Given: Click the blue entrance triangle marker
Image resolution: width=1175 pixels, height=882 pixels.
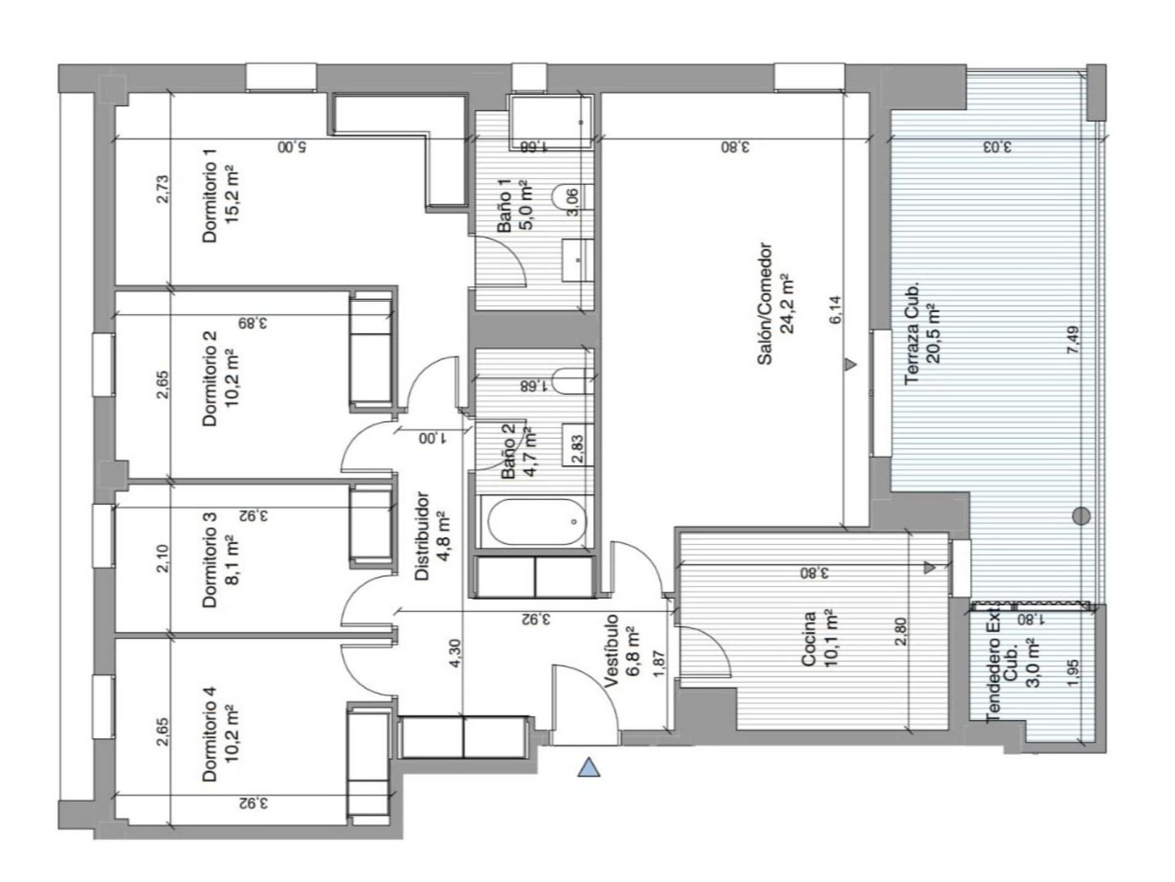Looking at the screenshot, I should pos(589,767).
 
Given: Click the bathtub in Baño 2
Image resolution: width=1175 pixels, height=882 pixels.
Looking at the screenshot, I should pos(536,522).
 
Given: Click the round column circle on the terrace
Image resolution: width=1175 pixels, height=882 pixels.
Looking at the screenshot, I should pos(1082,516).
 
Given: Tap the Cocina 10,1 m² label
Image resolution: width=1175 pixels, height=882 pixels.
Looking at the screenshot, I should pos(819,639).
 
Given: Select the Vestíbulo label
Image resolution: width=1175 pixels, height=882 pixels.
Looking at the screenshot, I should pos(621,652).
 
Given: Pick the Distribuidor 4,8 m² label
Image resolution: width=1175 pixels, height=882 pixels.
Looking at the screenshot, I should pos(432,536).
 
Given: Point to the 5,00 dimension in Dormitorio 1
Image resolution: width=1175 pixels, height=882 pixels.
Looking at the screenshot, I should pos(292,148).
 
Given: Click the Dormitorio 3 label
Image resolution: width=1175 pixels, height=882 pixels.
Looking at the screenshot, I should pos(219,560).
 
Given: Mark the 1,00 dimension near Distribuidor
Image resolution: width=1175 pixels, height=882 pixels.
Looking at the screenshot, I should pos(433,439).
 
